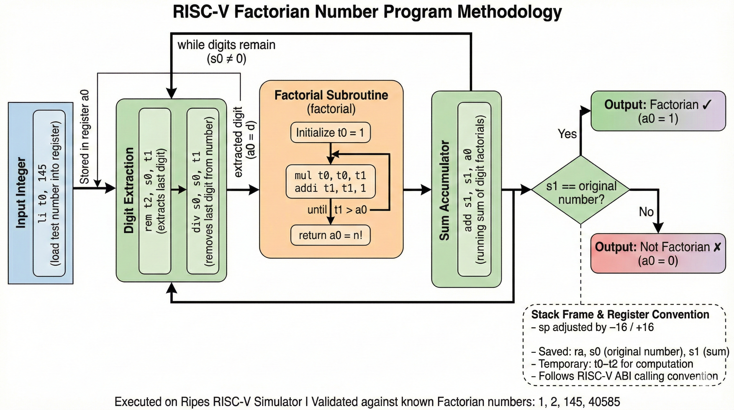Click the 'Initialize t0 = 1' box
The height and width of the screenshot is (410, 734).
[330, 133]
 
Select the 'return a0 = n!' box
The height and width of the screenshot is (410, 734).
[330, 235]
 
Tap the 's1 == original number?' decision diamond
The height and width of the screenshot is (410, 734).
[581, 190]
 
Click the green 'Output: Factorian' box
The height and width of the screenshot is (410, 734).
[658, 111]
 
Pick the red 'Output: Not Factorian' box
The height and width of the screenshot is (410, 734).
[658, 254]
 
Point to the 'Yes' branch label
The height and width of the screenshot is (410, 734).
[567, 134]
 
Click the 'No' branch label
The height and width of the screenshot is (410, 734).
[646, 212]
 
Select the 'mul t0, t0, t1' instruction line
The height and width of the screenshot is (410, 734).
[330, 176]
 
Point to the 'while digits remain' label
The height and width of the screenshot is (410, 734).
[226, 45]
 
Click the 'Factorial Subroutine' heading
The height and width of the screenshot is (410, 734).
[331, 95]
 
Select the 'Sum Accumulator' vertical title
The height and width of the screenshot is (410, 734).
[444, 191]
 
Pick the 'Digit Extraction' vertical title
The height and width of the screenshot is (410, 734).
[129, 191]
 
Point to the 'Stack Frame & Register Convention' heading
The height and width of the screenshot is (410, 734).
[620, 314]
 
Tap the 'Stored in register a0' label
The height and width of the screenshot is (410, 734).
[85, 137]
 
